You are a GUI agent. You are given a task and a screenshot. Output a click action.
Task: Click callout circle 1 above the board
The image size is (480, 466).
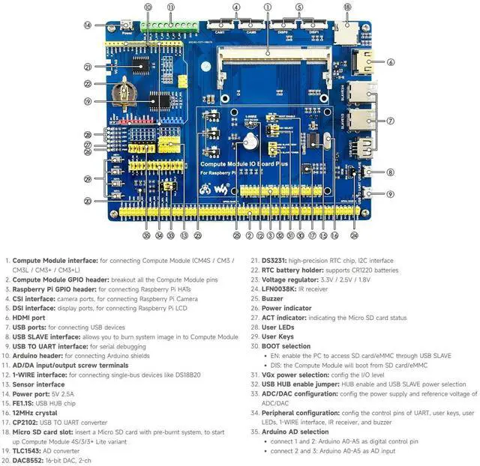coord(268,7)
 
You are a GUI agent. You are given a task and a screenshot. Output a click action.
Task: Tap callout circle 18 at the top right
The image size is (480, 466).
coord(347,7)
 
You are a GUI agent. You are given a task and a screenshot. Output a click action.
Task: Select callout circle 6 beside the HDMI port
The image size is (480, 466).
coord(391,62)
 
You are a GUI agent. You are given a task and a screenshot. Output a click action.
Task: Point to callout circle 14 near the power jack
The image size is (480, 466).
coord(88,25)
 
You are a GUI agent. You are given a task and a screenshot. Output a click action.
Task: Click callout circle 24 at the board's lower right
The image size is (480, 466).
coord(354,235)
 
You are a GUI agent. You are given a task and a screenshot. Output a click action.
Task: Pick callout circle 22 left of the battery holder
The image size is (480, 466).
coord(88,84)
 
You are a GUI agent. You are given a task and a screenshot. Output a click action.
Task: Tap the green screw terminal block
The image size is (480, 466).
coord(169,26)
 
